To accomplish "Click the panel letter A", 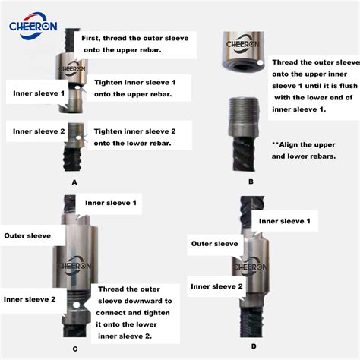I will pyautogui.click(x=74, y=183).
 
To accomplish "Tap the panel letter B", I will pyautogui.click(x=250, y=183).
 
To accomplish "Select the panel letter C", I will pyautogui.click(x=74, y=349).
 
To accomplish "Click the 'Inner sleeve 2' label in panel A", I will pyautogui.click(x=38, y=131).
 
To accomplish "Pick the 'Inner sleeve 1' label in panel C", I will pyautogui.click(x=111, y=204).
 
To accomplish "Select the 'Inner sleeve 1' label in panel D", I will pyautogui.click(x=285, y=221).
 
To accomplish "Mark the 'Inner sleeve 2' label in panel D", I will pyautogui.click(x=217, y=286).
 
